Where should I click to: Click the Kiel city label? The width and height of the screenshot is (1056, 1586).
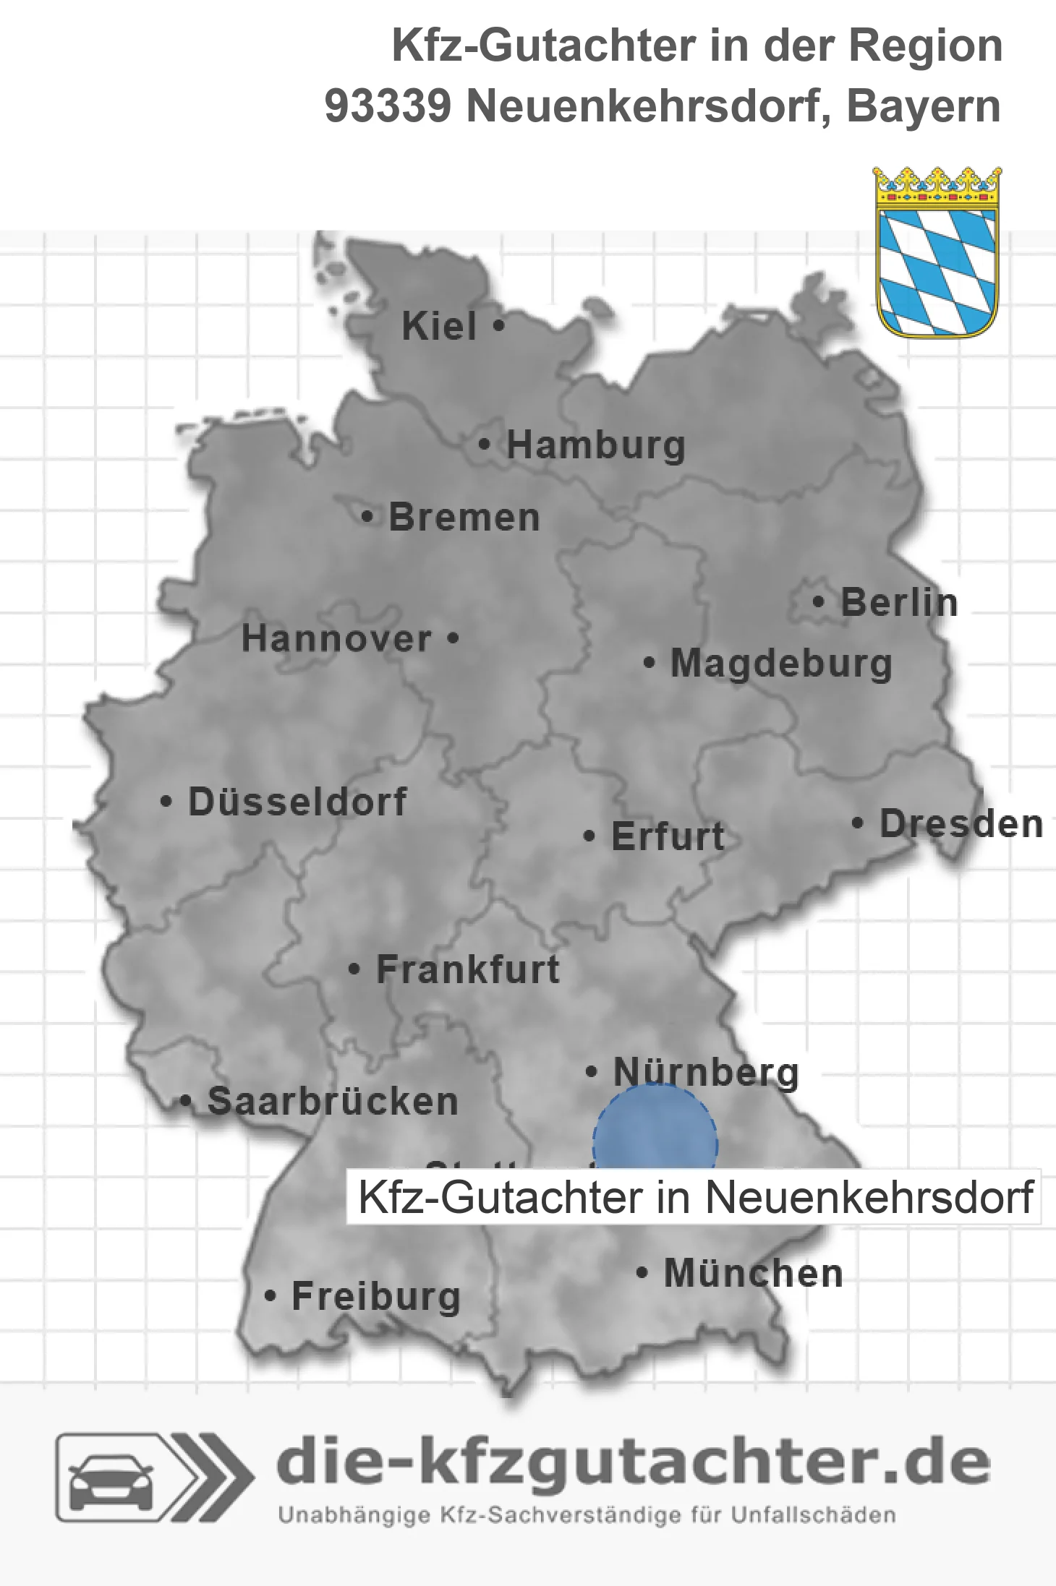click(x=439, y=326)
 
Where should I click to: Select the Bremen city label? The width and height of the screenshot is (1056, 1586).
click(x=464, y=518)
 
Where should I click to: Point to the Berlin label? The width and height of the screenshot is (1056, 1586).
click(x=898, y=602)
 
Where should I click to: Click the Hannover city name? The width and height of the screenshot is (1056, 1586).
click(x=336, y=638)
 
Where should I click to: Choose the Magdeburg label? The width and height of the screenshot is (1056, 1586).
click(x=781, y=664)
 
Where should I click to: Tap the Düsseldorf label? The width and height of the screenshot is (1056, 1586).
click(x=297, y=802)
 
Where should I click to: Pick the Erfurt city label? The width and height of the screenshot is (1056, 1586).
click(x=667, y=836)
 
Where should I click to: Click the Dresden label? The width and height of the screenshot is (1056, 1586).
click(x=961, y=824)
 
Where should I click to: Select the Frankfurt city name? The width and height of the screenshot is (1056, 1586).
click(x=467, y=969)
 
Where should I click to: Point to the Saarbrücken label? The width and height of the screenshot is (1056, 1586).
click(x=333, y=1102)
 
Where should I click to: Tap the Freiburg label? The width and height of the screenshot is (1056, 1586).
click(x=375, y=1297)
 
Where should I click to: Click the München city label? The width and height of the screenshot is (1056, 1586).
click(x=753, y=1273)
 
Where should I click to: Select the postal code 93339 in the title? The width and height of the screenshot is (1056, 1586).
click(x=388, y=106)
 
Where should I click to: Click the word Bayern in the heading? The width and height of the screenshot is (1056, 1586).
click(x=924, y=106)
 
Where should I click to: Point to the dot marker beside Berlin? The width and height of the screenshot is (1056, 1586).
click(x=819, y=602)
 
